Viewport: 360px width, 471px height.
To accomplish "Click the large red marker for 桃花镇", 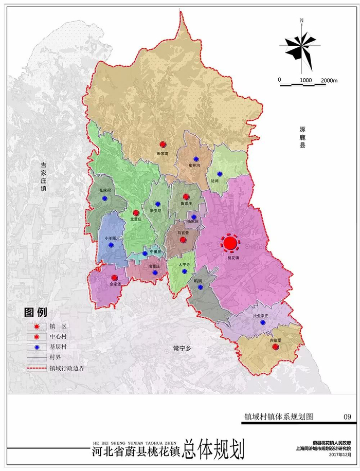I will tap(230, 242).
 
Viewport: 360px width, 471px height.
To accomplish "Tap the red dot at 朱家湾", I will tap(163, 144).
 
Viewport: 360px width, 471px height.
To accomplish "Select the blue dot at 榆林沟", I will tap(196, 159).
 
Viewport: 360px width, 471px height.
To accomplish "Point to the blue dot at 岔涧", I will tap(220, 174).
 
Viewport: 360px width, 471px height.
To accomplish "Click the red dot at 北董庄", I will tap(136, 213).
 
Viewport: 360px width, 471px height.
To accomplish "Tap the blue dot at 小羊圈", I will tap(112, 231).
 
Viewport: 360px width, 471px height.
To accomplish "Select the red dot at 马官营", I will tap(183, 239).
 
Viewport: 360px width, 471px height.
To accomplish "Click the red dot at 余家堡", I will tap(114, 278).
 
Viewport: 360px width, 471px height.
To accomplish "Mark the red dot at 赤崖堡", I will tap(275, 347).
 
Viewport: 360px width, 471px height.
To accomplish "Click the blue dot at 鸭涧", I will tap(200, 287).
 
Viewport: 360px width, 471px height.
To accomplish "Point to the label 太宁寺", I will tap(184, 264).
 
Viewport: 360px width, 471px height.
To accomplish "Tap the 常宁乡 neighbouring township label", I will tap(182, 349).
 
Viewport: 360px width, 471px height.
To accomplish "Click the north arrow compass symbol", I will tap(301, 47).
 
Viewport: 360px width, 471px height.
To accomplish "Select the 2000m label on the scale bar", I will tap(329, 80).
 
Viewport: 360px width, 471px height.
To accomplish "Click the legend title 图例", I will tap(35, 312).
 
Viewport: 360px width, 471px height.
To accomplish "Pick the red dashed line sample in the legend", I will tap(37, 368).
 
